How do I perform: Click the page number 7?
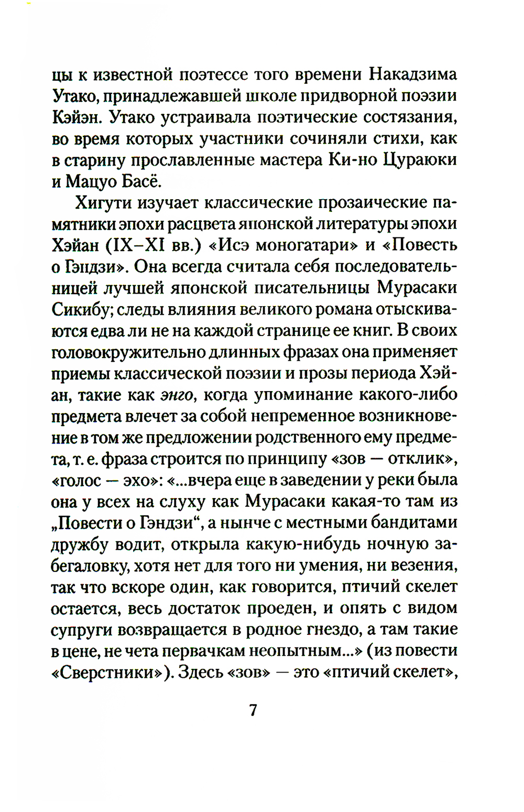coord(253,710)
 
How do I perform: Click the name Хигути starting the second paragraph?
coord(103,202)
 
